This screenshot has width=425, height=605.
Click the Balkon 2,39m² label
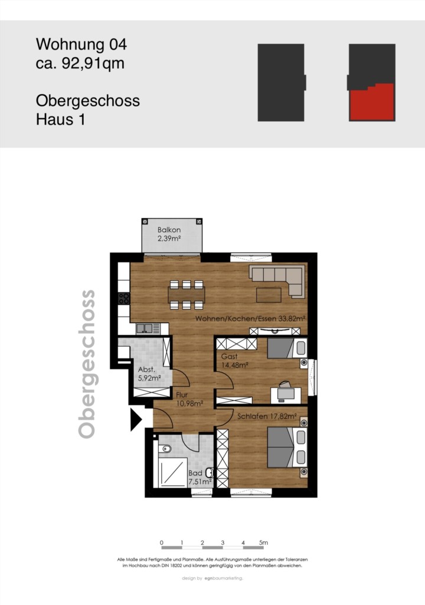[x=169, y=234]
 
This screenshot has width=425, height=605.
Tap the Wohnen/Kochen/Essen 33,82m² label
[x=250, y=318]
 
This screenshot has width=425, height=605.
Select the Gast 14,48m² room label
[x=234, y=361]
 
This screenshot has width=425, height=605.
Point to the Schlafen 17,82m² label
[x=267, y=417]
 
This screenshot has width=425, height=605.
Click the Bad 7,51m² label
[x=200, y=477]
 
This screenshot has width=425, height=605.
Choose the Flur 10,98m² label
[x=189, y=399]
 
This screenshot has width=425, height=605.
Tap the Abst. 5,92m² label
[x=149, y=374]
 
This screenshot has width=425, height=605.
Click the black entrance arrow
[x=136, y=419]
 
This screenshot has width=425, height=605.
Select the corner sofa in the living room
[x=276, y=281]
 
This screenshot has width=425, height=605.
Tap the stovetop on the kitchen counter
[x=124, y=298]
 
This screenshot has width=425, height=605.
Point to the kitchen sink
[x=145, y=328]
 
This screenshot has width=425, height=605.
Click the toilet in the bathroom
[x=165, y=449]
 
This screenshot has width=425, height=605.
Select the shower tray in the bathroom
[x=172, y=472]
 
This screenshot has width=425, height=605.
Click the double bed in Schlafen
[x=287, y=447]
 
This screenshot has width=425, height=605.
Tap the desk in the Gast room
[x=286, y=394]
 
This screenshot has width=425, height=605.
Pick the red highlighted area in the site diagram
[x=372, y=102]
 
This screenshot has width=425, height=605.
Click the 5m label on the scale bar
[x=263, y=542]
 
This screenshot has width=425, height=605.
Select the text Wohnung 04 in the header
[x=81, y=44]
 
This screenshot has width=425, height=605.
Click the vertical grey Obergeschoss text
[x=87, y=364]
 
